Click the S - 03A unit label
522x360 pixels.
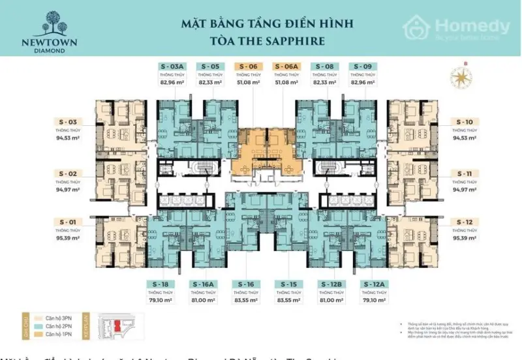[x=172, y=67]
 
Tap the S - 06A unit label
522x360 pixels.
[x=286, y=67]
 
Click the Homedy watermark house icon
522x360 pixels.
[x=418, y=28]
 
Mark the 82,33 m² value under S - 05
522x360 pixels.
[x=209, y=83]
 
